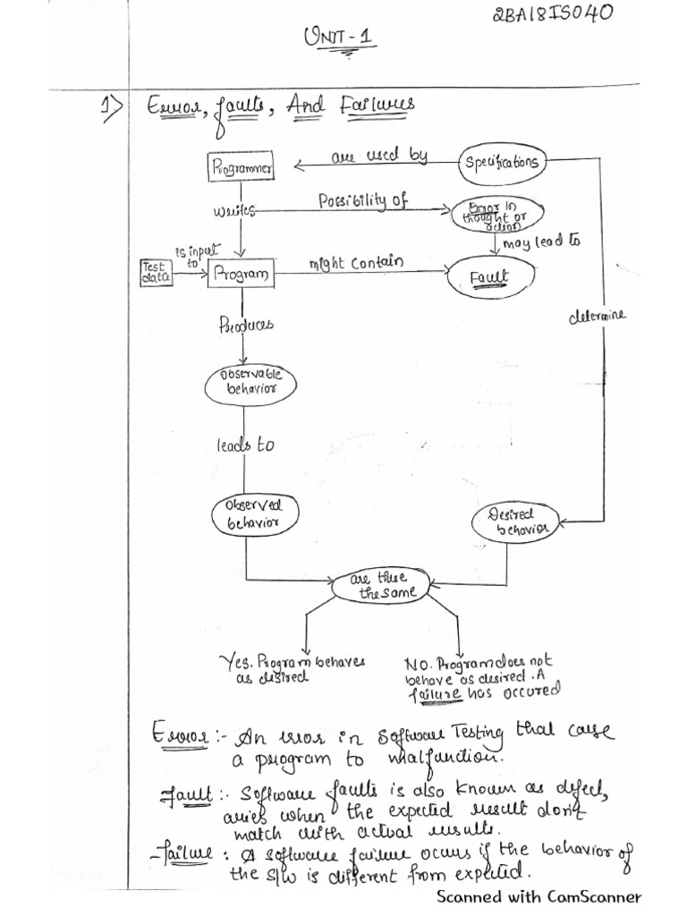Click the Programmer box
241,166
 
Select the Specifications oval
502,162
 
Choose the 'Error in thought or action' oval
488,216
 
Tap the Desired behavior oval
513,522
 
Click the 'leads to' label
244,445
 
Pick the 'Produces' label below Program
245,325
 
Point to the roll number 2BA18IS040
553,19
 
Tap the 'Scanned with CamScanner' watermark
539,895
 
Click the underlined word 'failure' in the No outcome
435,693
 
